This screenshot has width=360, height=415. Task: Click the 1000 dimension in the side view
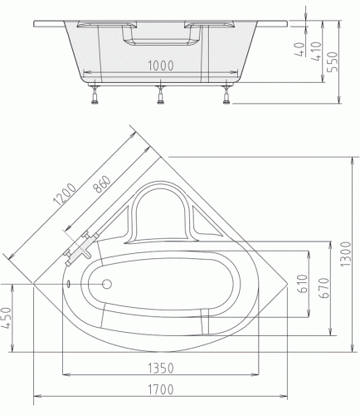(x=161, y=66)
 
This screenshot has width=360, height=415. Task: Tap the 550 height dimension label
(x=333, y=61)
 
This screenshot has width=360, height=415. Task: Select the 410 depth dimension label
(x=316, y=51)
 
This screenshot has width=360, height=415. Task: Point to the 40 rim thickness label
(x=300, y=49)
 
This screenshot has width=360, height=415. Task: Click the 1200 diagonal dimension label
(x=65, y=194)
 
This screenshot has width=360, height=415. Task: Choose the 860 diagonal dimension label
(x=102, y=184)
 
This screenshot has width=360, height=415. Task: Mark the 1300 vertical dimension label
(x=346, y=254)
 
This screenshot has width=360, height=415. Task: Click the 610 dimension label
(x=303, y=284)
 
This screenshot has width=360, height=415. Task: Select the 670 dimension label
(x=324, y=288)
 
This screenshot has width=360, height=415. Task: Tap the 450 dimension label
(x=7, y=318)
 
